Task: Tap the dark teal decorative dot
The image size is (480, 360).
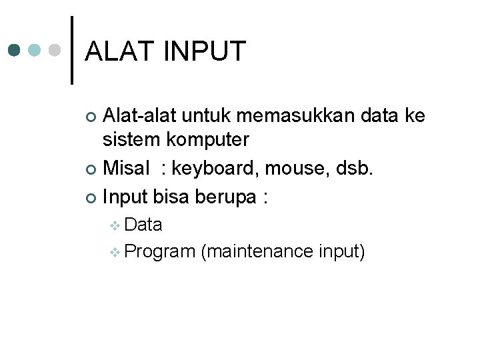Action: click(x=15, y=50)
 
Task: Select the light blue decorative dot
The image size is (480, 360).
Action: click(x=35, y=50)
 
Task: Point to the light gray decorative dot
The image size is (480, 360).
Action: click(x=56, y=50)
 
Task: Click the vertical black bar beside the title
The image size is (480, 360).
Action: click(x=72, y=50)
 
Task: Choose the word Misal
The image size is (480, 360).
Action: click(x=127, y=169)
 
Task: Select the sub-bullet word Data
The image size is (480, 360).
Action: click(x=143, y=225)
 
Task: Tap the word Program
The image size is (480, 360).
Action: click(x=159, y=252)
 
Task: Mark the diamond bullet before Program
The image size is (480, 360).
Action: click(x=115, y=253)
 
